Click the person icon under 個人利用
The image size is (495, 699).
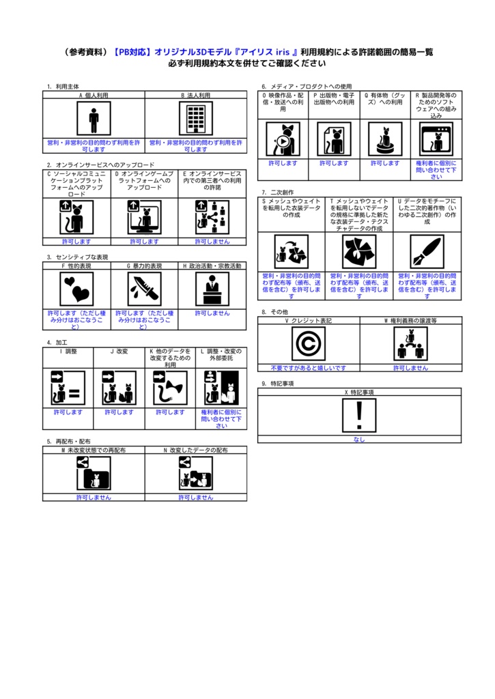94,118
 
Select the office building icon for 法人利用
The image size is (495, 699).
196,118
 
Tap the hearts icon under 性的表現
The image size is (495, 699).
76,289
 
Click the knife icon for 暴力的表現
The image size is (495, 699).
145,289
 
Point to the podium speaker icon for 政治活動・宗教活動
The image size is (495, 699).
212,289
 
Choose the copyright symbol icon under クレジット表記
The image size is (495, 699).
309,344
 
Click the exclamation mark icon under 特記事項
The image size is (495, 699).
359,416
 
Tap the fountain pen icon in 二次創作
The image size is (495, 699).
427,252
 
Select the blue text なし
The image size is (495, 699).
359,439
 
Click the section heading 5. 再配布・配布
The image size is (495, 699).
69,442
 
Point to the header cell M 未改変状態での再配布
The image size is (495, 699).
94,451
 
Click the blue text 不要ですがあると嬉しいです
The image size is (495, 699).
309,368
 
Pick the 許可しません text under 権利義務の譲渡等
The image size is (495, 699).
411,368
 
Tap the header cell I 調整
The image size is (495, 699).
68,352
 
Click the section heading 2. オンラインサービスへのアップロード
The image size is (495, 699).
101,165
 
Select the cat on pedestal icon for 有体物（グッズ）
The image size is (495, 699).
385,139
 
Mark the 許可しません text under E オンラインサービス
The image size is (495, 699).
212,241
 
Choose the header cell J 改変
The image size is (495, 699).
119,352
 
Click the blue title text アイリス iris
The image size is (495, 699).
265,52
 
